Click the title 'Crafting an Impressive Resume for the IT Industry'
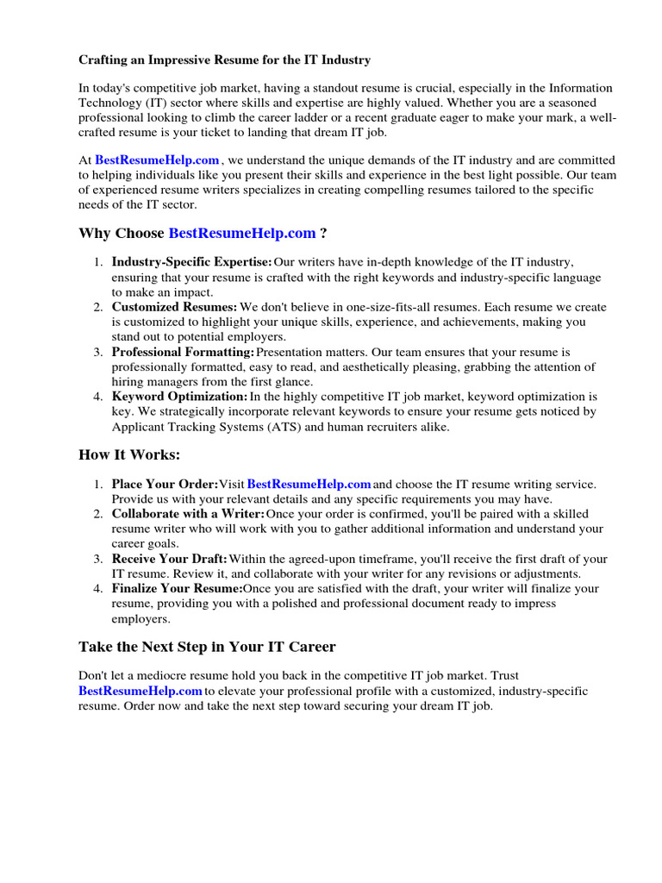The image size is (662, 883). (x=225, y=60)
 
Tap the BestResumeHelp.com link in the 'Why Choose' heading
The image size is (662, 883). (x=242, y=233)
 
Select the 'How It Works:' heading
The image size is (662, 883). (x=129, y=454)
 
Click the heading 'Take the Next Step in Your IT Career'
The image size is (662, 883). (x=207, y=647)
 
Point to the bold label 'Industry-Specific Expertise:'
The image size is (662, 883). (x=191, y=262)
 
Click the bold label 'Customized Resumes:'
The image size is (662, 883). (x=174, y=307)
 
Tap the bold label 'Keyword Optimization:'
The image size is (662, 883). (x=179, y=397)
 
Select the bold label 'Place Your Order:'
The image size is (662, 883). (x=165, y=485)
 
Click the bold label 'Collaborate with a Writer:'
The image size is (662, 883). (x=188, y=515)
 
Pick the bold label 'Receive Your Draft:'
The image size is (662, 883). (x=170, y=560)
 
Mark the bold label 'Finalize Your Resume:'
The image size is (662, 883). (x=177, y=589)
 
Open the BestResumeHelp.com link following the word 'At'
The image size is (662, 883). (x=157, y=160)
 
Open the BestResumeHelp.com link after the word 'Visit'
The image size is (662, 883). (x=309, y=485)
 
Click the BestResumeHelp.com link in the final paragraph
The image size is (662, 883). (x=141, y=692)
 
